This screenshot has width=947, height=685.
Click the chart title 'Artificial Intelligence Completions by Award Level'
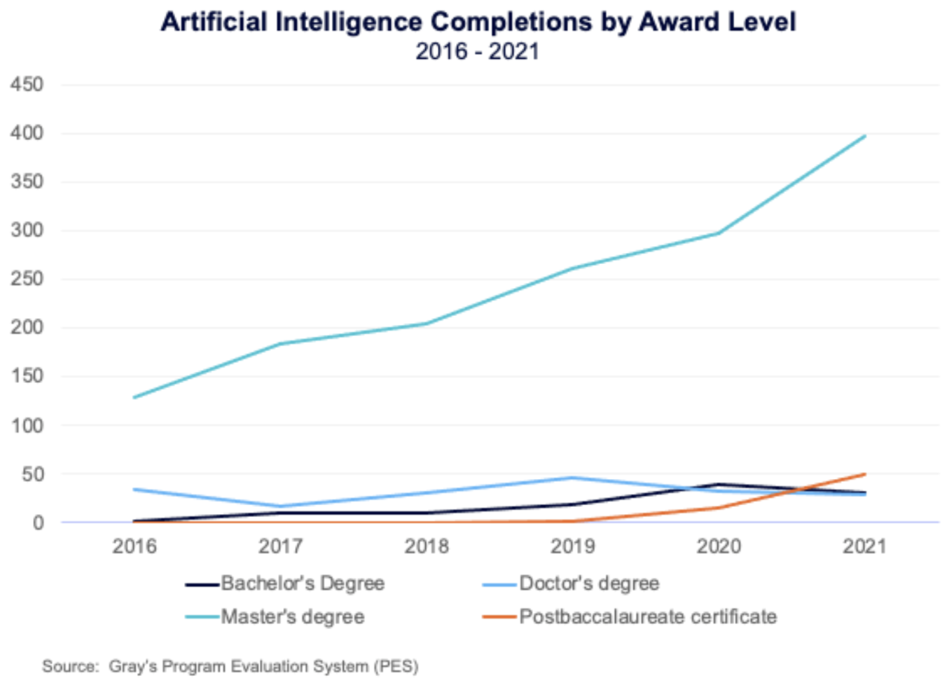click(478, 22)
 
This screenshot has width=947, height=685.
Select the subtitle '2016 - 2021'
click(477, 52)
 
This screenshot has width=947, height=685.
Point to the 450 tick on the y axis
click(27, 85)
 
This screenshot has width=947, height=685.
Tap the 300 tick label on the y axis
click(27, 230)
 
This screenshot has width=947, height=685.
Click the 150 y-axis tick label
click(27, 376)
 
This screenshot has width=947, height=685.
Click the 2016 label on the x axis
click(134, 546)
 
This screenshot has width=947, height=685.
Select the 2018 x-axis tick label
click(427, 546)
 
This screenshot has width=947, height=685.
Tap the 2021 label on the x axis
click(864, 546)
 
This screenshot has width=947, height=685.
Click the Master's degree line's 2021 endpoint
click(865, 136)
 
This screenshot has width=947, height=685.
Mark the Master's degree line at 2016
click(134, 397)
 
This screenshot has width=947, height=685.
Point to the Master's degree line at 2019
click(573, 268)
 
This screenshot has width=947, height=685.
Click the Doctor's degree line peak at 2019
click(573, 478)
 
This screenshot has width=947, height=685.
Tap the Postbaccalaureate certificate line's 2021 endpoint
click(865, 474)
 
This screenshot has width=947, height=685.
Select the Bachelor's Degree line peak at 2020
click(719, 484)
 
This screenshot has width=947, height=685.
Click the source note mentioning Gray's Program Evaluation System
click(230, 666)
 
